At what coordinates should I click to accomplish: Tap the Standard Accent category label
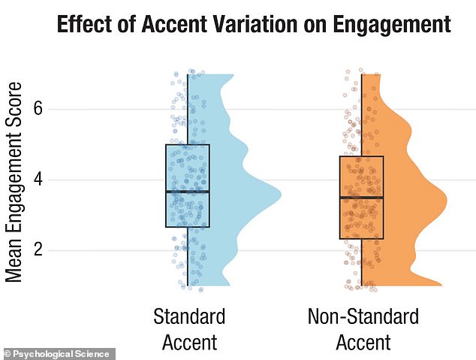(188, 329)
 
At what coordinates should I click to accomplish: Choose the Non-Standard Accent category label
(363, 329)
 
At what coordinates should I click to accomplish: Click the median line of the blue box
(188, 192)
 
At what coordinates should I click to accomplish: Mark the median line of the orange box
(361, 198)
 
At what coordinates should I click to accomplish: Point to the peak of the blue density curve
(279, 194)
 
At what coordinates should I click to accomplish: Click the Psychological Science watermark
(58, 353)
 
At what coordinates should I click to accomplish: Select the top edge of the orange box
(361, 156)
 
